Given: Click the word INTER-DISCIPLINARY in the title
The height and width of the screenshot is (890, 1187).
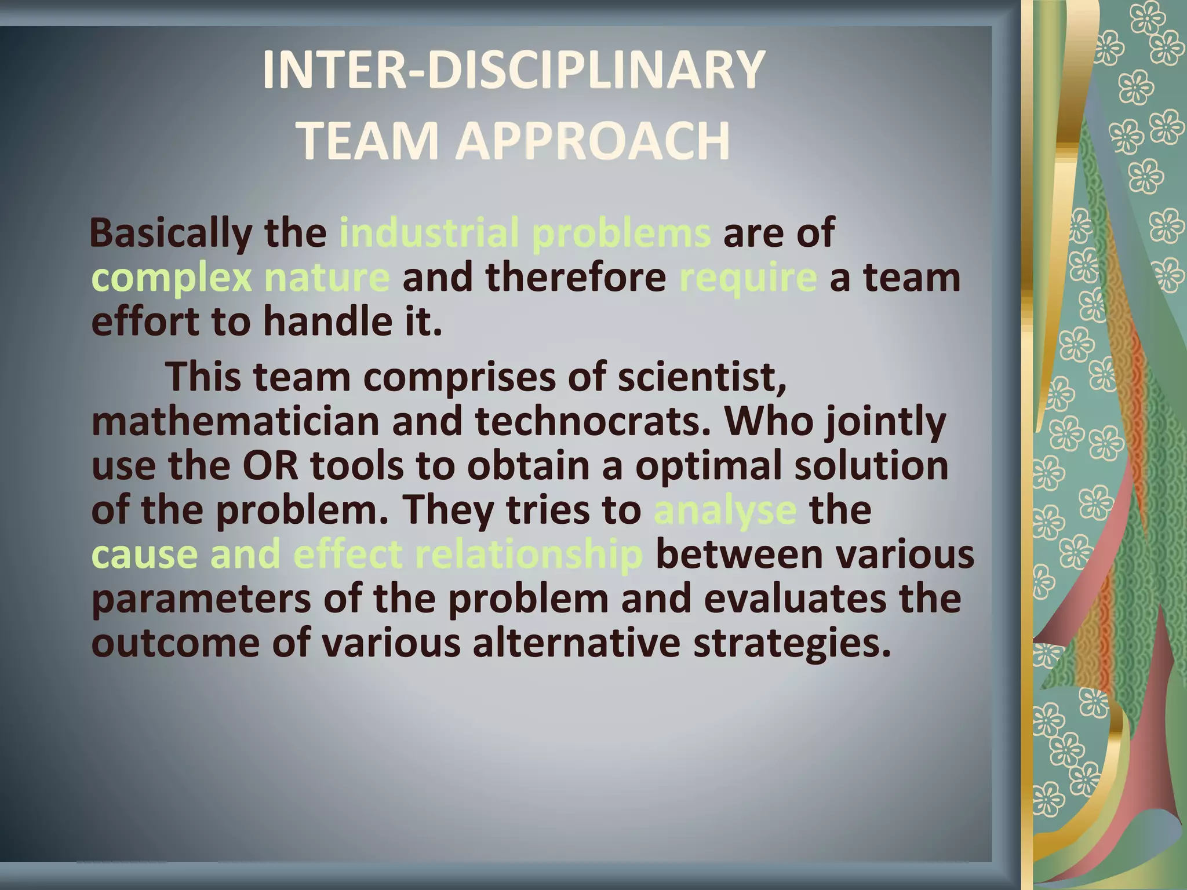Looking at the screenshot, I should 514,70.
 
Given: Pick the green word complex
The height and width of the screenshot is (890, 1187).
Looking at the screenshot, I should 172,279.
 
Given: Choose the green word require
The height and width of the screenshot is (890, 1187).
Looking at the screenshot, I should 748,279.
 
